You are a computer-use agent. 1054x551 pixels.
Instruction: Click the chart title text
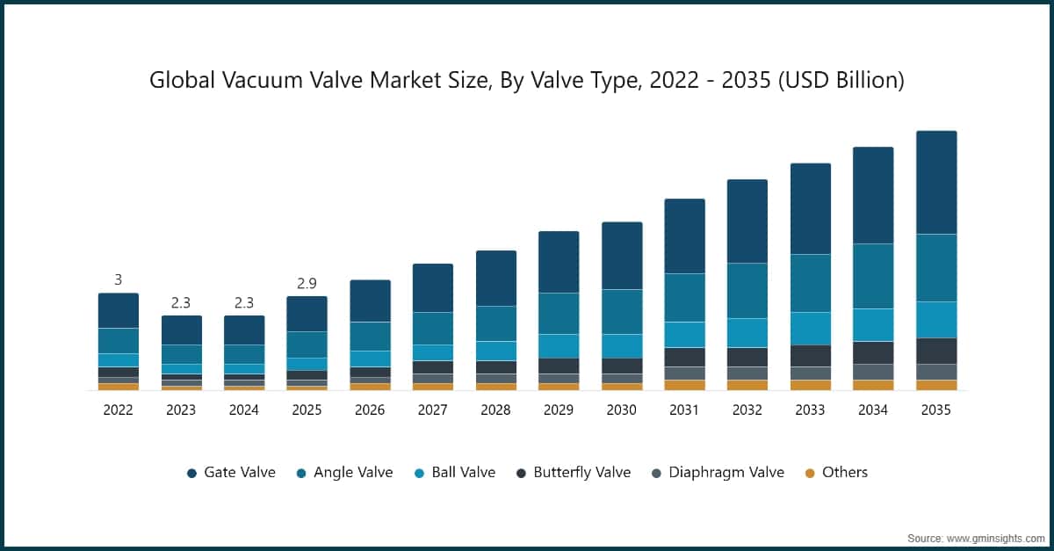tap(526, 80)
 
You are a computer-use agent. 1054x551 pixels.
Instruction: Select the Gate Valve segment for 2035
tap(936, 182)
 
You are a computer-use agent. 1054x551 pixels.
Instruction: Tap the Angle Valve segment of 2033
tap(810, 283)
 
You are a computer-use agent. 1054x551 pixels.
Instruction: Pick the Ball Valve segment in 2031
tap(684, 334)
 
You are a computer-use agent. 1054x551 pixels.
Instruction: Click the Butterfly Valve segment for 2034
tap(873, 352)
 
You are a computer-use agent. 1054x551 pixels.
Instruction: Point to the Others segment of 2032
tap(747, 385)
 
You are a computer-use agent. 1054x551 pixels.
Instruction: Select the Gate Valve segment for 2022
tap(118, 310)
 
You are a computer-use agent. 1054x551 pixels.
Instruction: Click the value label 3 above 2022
tap(118, 279)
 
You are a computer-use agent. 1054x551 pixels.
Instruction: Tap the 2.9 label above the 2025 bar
tap(307, 283)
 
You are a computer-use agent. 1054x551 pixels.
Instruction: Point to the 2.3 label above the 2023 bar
tap(181, 302)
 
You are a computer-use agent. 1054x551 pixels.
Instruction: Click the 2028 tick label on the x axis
tap(495, 410)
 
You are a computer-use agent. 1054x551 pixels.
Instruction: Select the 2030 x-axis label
tap(621, 410)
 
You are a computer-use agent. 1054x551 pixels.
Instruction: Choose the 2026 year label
tap(370, 410)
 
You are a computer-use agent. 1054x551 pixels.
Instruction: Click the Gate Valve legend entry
tap(231, 473)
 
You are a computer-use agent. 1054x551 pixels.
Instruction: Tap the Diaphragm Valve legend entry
tap(718, 473)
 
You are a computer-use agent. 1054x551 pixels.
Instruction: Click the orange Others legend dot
tap(809, 474)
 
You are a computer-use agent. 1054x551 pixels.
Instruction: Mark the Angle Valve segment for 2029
tap(559, 313)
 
